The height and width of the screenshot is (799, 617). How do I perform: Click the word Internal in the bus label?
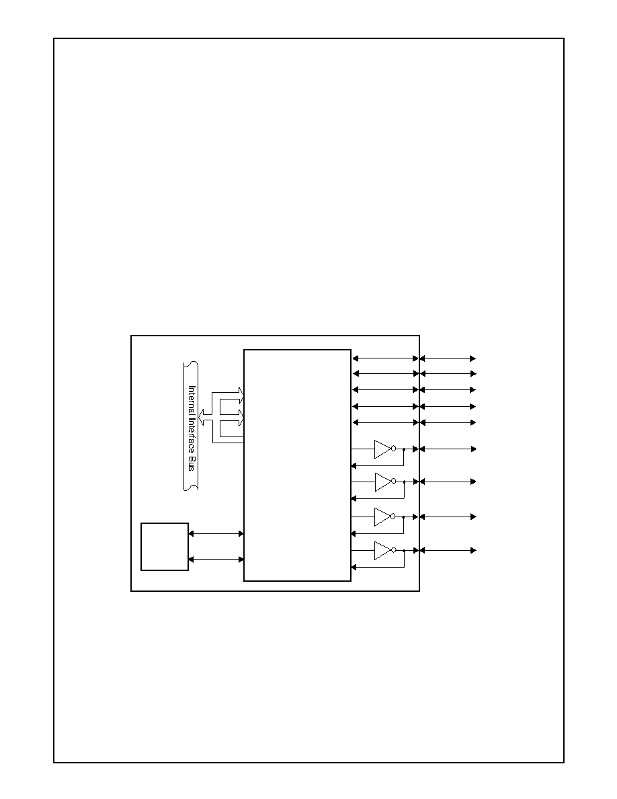click(x=192, y=400)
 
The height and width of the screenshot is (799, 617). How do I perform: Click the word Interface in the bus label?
click(x=192, y=434)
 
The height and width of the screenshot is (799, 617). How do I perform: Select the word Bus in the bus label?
click(x=192, y=463)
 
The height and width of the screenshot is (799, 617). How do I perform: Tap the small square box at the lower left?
click(x=165, y=546)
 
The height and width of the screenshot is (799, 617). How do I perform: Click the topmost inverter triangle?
click(x=382, y=449)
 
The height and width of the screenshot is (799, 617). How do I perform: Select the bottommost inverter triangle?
click(x=382, y=550)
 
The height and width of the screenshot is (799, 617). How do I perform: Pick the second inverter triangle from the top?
click(x=383, y=482)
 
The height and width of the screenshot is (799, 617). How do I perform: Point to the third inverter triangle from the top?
click(x=382, y=517)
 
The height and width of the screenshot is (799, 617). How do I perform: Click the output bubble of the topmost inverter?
click(x=393, y=449)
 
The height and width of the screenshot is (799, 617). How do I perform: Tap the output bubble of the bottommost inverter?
click(x=393, y=550)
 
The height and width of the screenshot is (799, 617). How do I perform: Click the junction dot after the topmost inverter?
click(x=404, y=449)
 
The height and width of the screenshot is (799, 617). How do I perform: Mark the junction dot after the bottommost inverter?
click(x=404, y=551)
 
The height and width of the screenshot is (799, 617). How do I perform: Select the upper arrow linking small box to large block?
click(x=216, y=533)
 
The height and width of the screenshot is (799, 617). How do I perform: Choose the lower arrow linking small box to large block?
click(x=216, y=559)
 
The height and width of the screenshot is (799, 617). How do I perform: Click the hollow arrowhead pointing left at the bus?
click(x=202, y=416)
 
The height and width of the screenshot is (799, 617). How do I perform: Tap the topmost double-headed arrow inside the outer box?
click(x=385, y=358)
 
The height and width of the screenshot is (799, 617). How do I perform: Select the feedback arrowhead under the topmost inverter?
click(x=354, y=465)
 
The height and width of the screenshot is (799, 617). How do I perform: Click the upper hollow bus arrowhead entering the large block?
click(x=241, y=393)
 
